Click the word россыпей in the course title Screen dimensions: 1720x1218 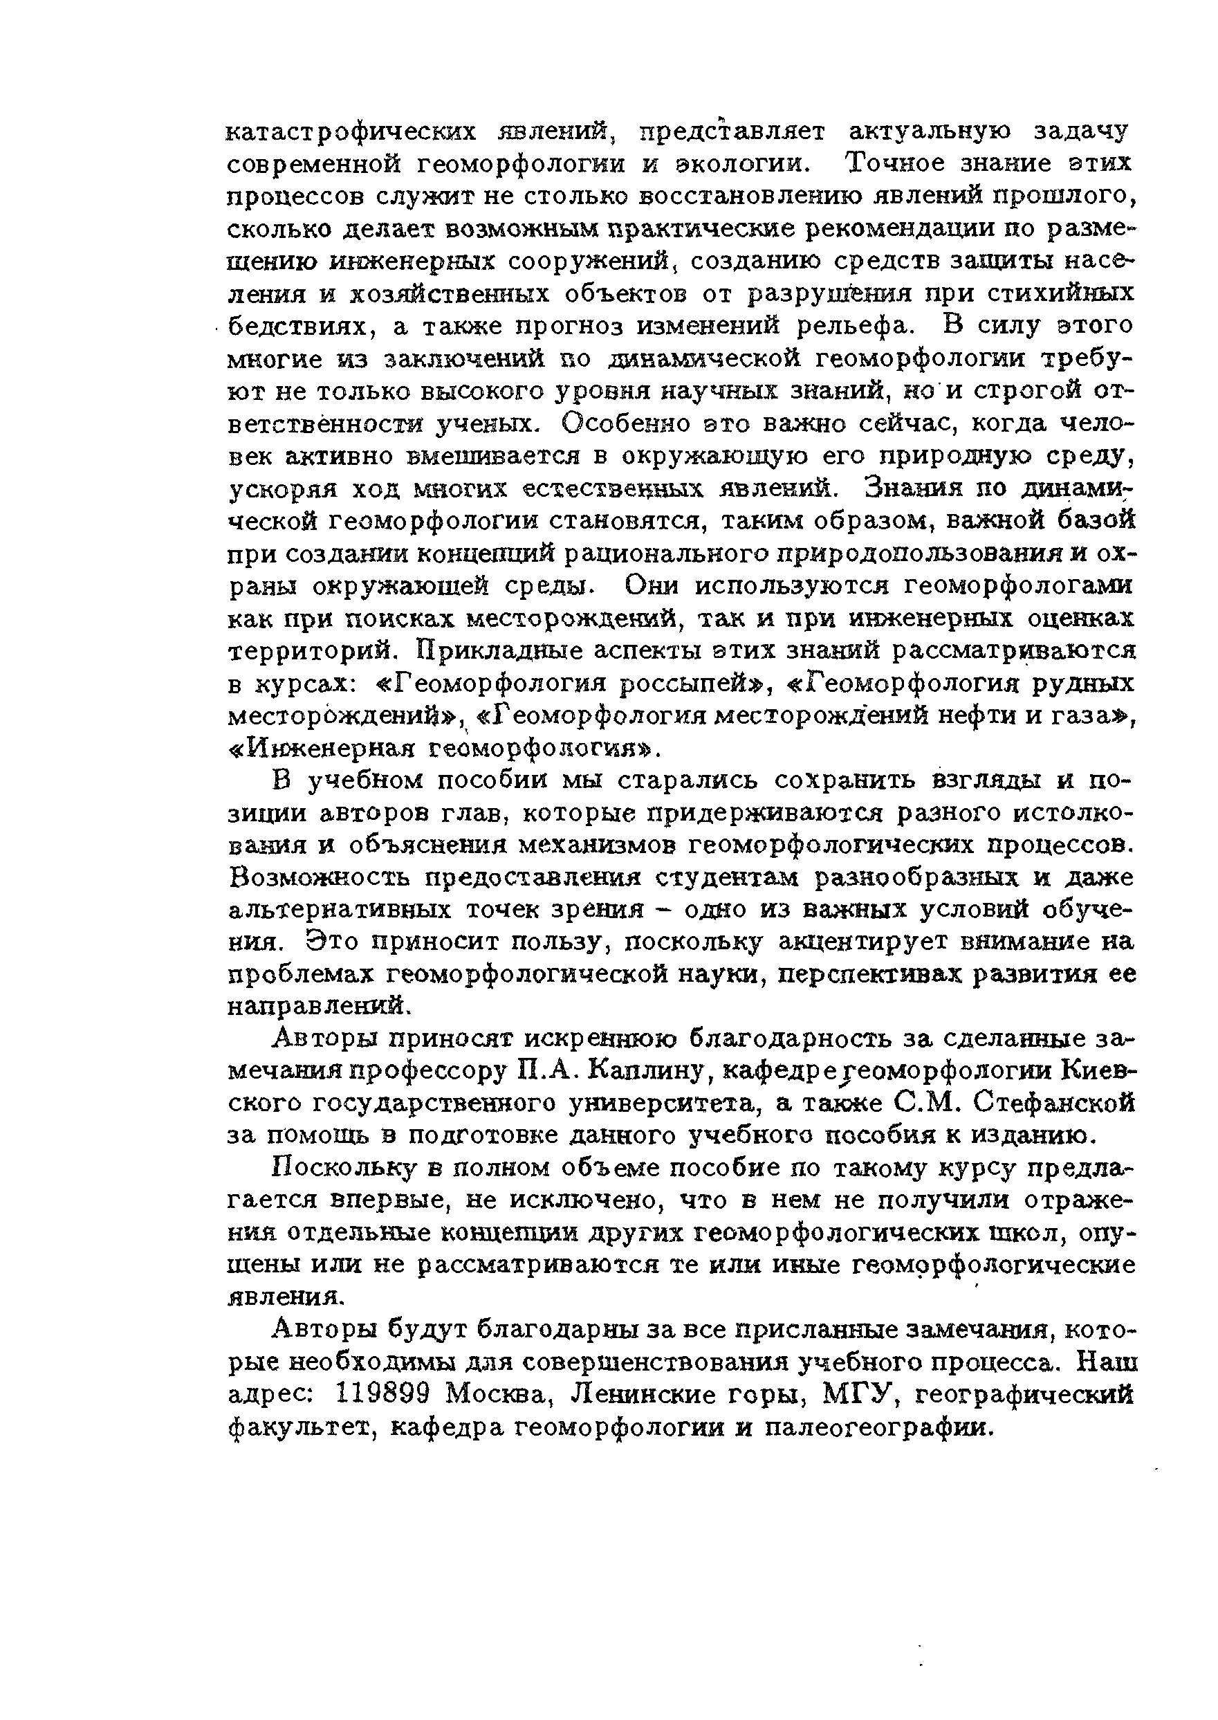(679, 684)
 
